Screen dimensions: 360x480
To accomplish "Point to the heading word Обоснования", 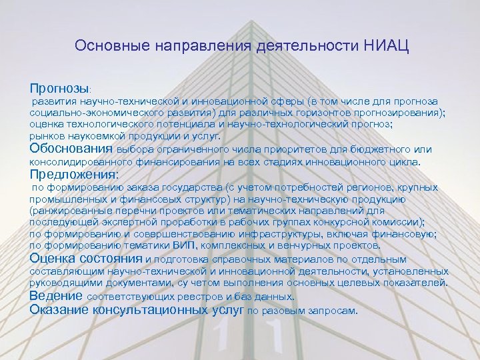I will coord(72,149).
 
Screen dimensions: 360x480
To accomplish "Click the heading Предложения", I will coord(73,175).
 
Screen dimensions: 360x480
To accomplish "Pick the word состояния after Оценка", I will coord(111,258).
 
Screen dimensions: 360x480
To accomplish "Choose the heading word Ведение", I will coord(56,295).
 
